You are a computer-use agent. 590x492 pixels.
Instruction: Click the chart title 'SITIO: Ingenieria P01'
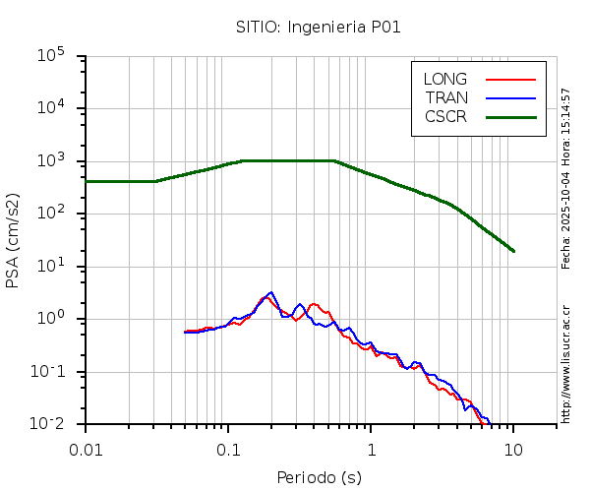pyautogui.click(x=318, y=27)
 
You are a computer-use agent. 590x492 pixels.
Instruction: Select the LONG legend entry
pyautogui.click(x=445, y=79)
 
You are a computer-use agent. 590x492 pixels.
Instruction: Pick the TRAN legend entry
pyautogui.click(x=445, y=97)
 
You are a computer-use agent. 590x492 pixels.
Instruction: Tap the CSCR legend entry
pyautogui.click(x=445, y=116)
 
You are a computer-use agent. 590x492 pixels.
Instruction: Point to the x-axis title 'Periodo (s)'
pyautogui.click(x=319, y=478)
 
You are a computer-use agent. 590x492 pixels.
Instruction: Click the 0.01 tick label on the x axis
pyautogui.click(x=86, y=450)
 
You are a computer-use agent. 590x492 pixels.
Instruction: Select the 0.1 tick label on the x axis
pyautogui.click(x=228, y=450)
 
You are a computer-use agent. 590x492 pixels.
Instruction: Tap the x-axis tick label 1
pyautogui.click(x=371, y=450)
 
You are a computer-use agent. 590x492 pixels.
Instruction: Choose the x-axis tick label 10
pyautogui.click(x=513, y=450)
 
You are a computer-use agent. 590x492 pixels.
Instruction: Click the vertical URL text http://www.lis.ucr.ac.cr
pyautogui.click(x=566, y=359)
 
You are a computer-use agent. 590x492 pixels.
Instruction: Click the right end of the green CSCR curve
pyautogui.click(x=513, y=251)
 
